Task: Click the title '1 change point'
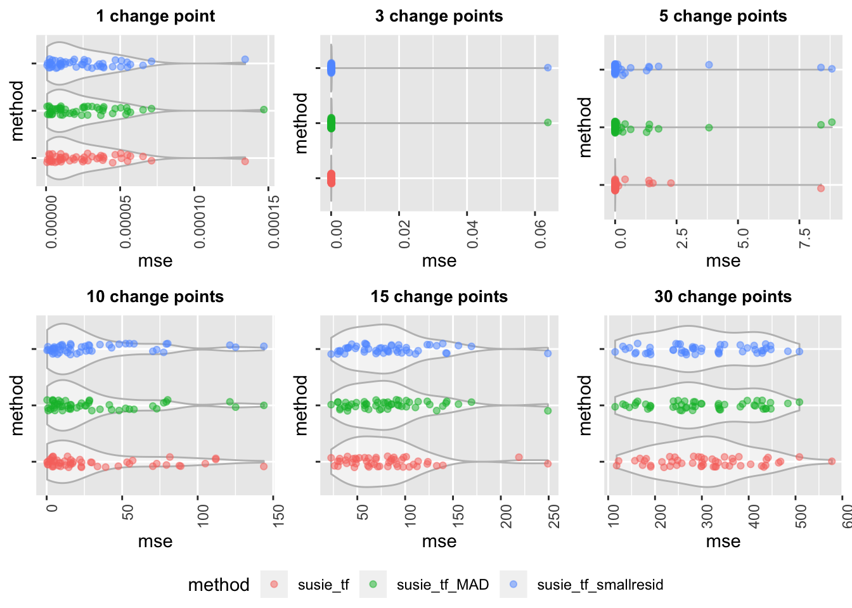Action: pos(155,16)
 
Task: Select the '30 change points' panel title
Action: pos(723,297)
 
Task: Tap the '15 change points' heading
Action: pos(439,297)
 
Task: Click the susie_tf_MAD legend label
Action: pos(442,585)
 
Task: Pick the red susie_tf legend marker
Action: pos(274,584)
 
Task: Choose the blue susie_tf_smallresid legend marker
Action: pos(513,584)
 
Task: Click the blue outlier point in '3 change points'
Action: pos(548,68)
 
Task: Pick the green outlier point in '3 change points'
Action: pos(548,123)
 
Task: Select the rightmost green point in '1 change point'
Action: pos(264,110)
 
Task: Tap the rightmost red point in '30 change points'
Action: pos(832,462)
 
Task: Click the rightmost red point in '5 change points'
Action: pos(820,188)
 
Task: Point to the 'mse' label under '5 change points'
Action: pos(723,261)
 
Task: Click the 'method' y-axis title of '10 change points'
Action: pos(17,405)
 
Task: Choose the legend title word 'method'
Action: pos(219,585)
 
